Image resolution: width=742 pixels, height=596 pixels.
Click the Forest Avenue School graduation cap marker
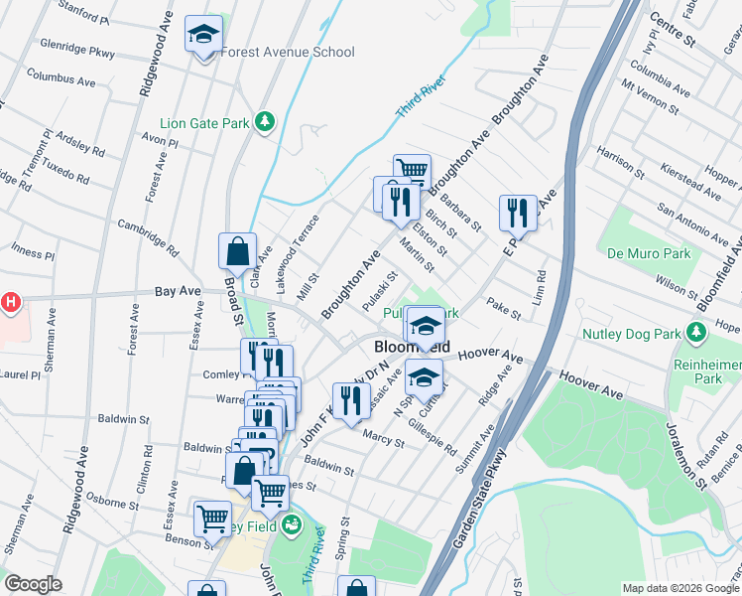(x=204, y=36)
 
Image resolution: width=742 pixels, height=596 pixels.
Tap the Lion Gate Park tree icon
(x=264, y=121)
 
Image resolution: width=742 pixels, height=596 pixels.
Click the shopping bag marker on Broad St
(x=238, y=251)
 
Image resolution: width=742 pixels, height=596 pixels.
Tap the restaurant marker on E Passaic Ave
(x=518, y=212)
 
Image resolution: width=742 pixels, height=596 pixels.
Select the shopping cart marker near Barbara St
(x=411, y=171)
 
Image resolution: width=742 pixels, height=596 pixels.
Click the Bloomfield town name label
(x=412, y=347)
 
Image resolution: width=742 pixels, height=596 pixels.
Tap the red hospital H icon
(x=10, y=301)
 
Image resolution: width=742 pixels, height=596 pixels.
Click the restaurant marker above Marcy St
(x=350, y=400)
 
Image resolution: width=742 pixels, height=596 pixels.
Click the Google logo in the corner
(x=33, y=584)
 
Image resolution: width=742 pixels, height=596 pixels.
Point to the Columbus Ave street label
(x=59, y=75)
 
